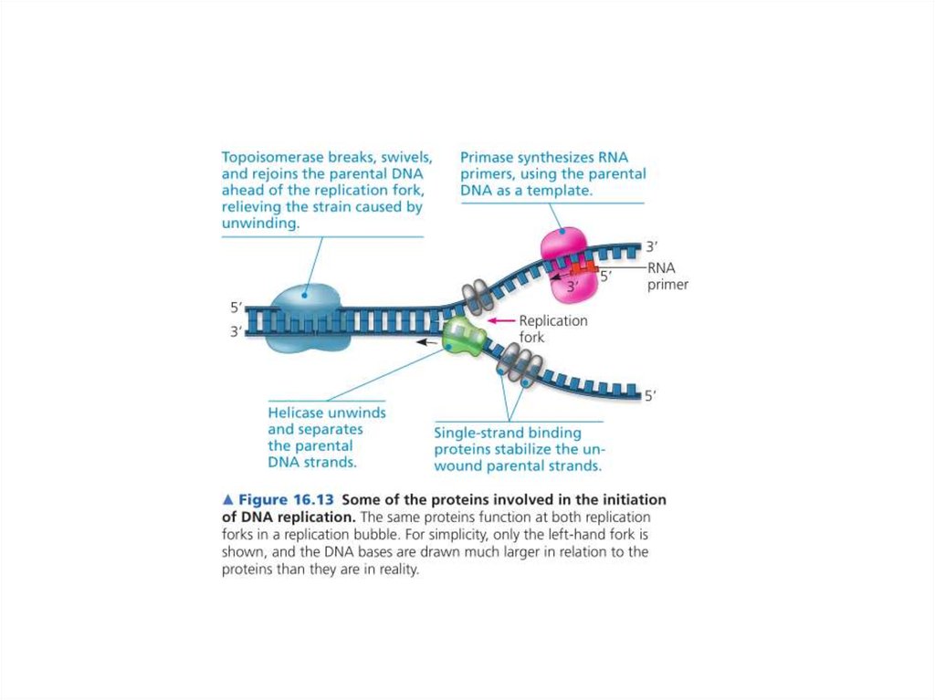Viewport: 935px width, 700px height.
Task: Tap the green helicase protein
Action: click(465, 335)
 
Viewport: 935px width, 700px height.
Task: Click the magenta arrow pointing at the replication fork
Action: click(500, 321)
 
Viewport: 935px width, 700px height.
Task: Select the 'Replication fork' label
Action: click(552, 329)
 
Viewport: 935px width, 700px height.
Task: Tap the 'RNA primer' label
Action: click(667, 276)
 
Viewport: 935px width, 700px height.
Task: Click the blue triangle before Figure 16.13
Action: click(228, 500)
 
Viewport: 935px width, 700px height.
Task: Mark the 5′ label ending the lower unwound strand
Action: click(650, 396)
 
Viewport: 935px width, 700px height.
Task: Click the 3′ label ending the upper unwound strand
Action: click(651, 246)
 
